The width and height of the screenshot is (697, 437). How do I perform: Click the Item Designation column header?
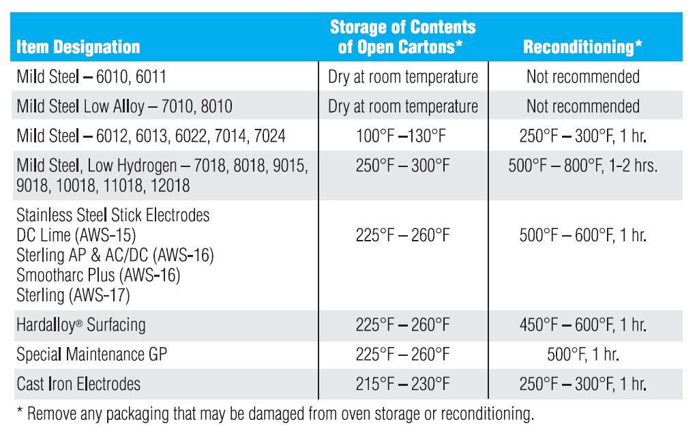(x=78, y=47)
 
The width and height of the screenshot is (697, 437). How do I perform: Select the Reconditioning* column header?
(x=583, y=47)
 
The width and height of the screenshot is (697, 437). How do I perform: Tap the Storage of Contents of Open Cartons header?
(x=402, y=37)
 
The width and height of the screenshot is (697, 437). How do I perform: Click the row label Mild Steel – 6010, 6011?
(x=91, y=76)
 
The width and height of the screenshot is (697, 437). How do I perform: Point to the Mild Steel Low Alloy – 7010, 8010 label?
(x=124, y=106)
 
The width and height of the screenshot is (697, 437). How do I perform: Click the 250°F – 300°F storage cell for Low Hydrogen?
(x=402, y=166)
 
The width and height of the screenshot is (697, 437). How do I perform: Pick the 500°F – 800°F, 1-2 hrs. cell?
(x=583, y=166)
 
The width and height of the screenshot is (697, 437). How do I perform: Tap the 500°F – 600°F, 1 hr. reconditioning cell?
(x=583, y=235)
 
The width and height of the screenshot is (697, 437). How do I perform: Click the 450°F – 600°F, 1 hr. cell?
(x=583, y=325)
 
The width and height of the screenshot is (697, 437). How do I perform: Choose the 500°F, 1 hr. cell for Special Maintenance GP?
(x=583, y=355)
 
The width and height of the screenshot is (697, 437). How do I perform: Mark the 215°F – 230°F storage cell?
(x=402, y=384)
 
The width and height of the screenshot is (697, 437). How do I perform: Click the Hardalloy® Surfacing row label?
(x=81, y=325)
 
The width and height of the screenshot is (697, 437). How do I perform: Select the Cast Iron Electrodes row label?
(x=78, y=384)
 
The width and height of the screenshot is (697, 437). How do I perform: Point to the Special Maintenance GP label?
(x=91, y=355)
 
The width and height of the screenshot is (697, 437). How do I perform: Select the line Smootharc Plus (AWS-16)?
(x=98, y=275)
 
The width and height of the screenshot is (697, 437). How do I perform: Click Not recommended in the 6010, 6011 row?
(x=583, y=76)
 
